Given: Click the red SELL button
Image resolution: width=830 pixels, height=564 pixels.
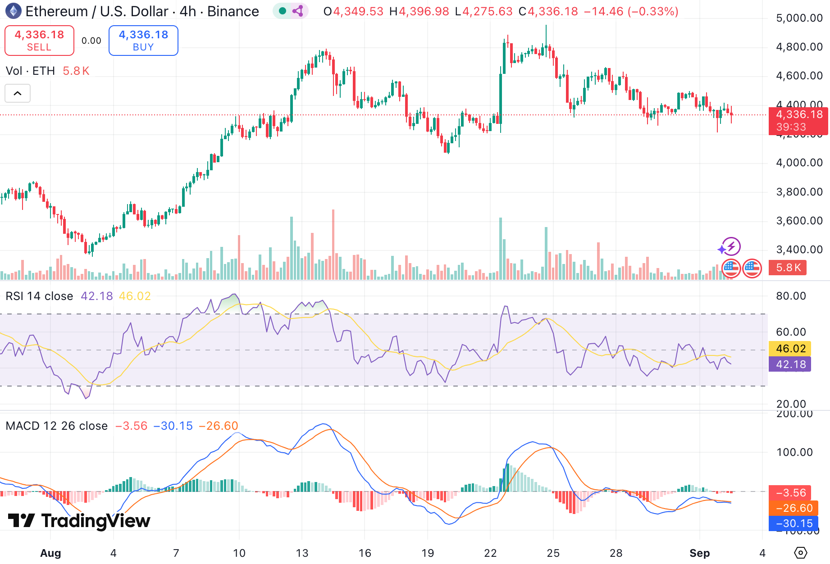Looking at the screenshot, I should (x=39, y=41).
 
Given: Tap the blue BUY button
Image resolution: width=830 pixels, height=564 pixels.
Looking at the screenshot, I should (x=143, y=41).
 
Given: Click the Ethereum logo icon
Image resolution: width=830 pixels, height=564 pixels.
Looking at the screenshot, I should (x=13, y=11).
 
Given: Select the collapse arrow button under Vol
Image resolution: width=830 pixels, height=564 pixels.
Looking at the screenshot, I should (x=18, y=94).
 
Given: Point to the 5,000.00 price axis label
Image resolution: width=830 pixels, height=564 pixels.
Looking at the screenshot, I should (x=799, y=18).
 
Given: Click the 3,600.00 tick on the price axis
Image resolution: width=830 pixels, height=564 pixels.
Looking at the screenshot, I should (x=799, y=221).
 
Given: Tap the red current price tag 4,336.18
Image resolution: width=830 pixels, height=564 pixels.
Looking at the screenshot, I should (x=798, y=115).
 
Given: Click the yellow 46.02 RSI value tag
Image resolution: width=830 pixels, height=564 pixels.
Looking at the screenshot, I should (x=790, y=348).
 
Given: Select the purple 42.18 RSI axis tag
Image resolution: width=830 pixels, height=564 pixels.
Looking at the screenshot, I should (x=790, y=364).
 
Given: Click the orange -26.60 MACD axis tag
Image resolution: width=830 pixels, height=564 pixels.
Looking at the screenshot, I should (x=794, y=508).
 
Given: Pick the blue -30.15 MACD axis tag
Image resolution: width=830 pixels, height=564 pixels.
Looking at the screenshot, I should (x=794, y=523).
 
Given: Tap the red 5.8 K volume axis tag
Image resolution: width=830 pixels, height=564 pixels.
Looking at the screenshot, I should (x=788, y=268).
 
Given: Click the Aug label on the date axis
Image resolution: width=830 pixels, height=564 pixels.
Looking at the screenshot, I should (x=50, y=553).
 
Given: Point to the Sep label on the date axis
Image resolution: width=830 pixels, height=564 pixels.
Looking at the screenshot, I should (x=699, y=553).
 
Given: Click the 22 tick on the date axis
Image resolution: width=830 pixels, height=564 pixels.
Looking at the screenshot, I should (x=490, y=553).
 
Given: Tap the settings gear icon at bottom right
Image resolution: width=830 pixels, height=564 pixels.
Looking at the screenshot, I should (x=801, y=552).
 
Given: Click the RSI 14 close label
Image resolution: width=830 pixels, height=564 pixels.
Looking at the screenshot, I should (x=39, y=296).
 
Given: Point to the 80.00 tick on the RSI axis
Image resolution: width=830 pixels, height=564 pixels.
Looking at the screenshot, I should (x=791, y=296).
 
